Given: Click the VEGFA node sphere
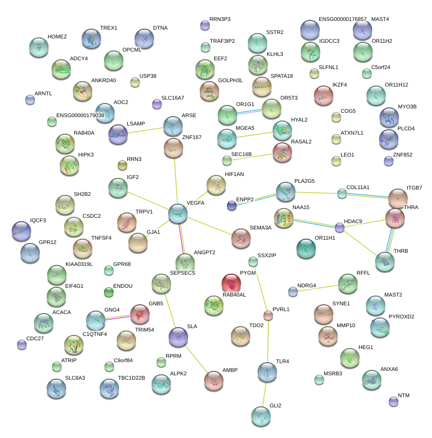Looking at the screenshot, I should coord(178,214).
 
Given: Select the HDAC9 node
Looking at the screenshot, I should coord(340,227).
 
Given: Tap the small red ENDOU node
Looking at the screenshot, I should coord(109,292).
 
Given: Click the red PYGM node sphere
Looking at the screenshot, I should coord(231,283).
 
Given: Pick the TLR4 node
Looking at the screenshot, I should coord(267,372).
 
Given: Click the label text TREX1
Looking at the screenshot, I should coord(108,28).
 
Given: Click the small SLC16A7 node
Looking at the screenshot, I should coord(156,104).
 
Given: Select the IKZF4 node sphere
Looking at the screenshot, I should coord(323,95).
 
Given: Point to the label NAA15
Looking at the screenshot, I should coord(301,207).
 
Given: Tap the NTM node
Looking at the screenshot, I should coord(394,401).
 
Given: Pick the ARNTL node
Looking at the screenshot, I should coord(30,100).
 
